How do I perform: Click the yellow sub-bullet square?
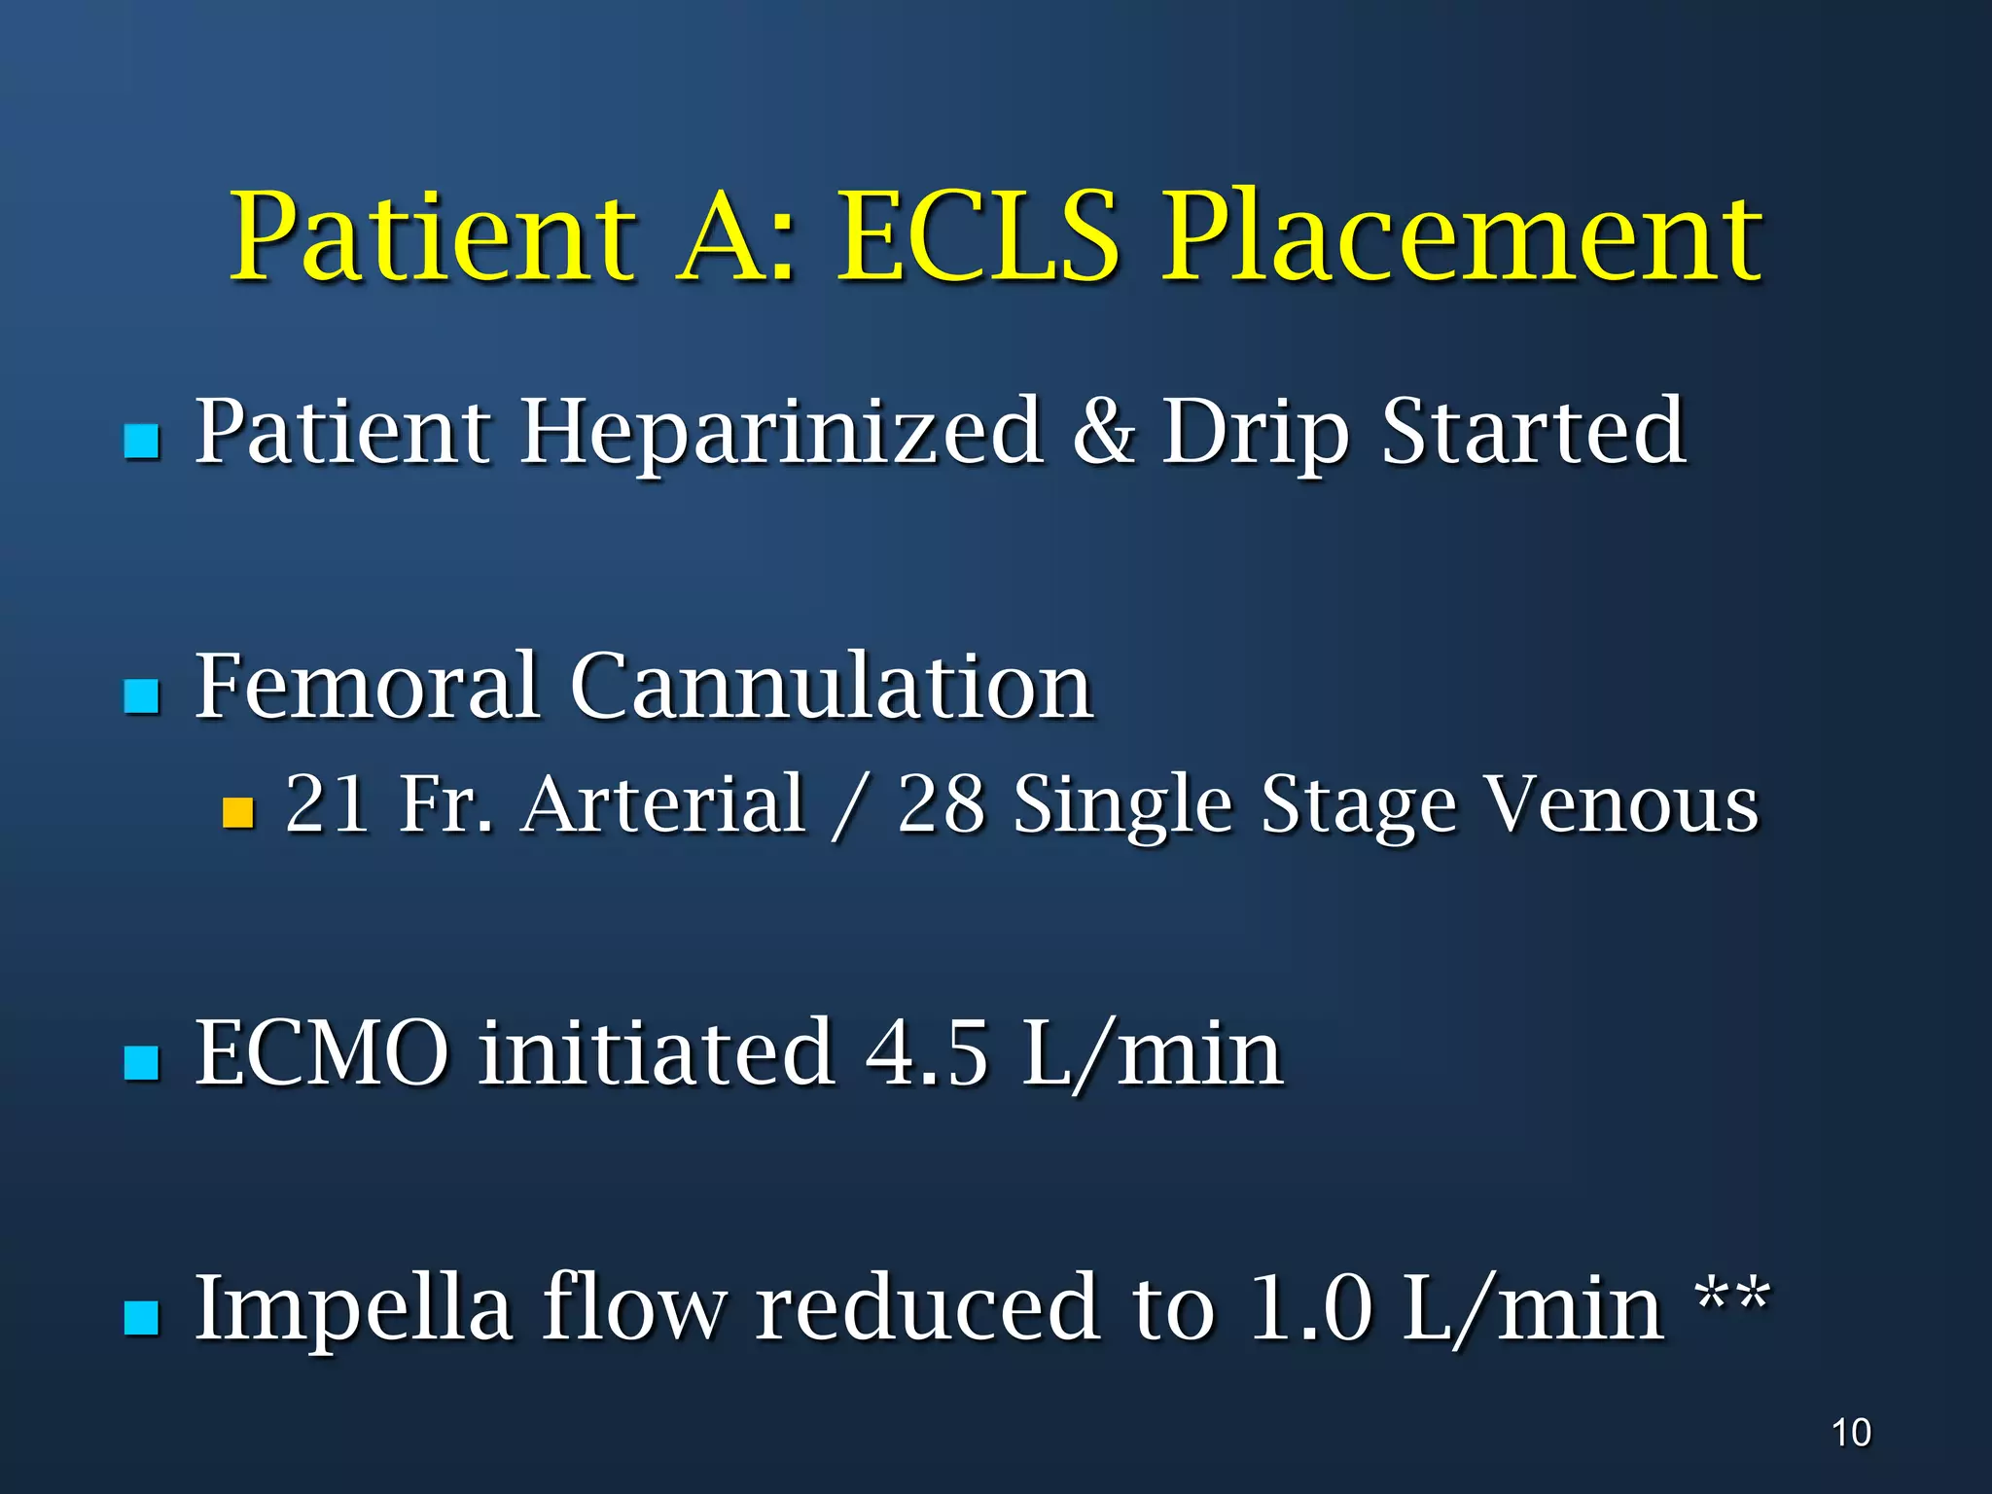238,811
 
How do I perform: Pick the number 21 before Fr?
328,804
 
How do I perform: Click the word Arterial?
664,804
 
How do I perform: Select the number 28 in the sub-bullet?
941,804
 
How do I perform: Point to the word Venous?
1622,804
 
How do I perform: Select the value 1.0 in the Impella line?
1310,1308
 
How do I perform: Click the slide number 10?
1851,1433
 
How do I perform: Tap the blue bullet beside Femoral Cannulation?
142,695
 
